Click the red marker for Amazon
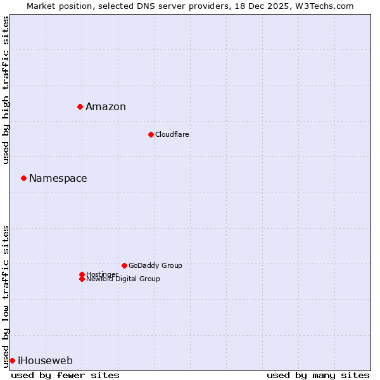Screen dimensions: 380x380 tap(80, 106)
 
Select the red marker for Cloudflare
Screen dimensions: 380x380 tap(151, 134)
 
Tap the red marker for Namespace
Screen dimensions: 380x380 tap(23, 178)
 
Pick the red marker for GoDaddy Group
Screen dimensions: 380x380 tap(124, 265)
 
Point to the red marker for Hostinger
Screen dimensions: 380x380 tap(82, 274)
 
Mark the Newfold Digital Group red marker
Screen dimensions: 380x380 tap(82, 279)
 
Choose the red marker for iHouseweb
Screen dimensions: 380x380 tap(12, 360)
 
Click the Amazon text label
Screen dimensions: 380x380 tap(106, 106)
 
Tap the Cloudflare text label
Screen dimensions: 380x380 tap(172, 134)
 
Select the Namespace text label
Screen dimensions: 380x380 tap(58, 178)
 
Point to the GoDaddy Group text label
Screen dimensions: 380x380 tap(155, 265)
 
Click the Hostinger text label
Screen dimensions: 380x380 tap(102, 274)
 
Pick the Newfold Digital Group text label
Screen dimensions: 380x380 tap(123, 279)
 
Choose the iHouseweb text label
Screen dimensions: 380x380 tap(45, 361)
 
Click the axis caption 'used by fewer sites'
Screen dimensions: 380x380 tap(65, 375)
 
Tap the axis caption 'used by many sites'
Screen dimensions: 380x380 tap(318, 375)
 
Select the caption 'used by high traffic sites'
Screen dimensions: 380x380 tap(6, 90)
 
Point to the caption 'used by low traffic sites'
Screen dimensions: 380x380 tap(6, 296)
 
